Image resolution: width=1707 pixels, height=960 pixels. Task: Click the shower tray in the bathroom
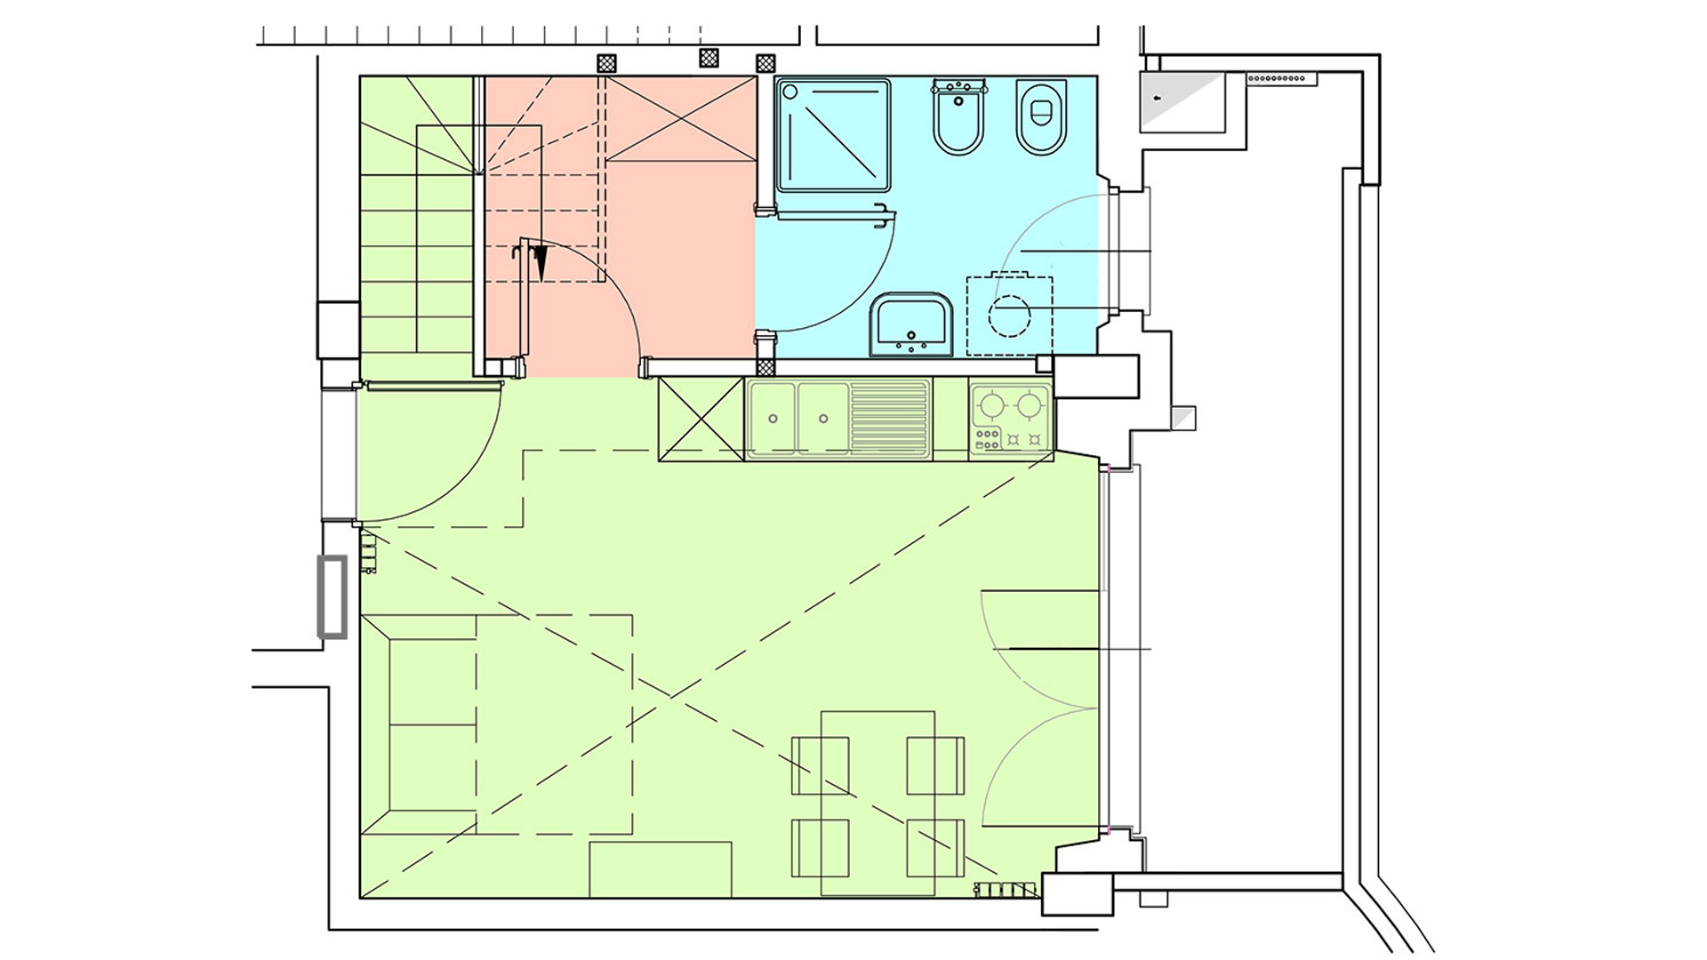pyautogui.click(x=833, y=135)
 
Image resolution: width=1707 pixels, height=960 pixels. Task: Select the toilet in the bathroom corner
pyautogui.click(x=1040, y=117)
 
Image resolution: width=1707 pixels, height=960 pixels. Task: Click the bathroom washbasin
pyautogui.click(x=911, y=324)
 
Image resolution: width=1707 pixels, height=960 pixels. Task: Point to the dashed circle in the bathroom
pyautogui.click(x=1010, y=316)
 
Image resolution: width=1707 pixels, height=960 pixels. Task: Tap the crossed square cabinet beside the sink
pyautogui.click(x=701, y=419)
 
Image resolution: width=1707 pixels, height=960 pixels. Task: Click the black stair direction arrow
pyautogui.click(x=540, y=261)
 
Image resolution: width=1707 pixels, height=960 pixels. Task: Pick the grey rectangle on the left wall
pyautogui.click(x=333, y=596)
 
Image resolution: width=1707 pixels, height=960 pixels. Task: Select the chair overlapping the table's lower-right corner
pyautogui.click(x=935, y=847)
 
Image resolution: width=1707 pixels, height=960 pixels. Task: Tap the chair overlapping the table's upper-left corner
pyautogui.click(x=820, y=765)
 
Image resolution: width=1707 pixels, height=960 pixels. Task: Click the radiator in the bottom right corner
pyautogui.click(x=1006, y=888)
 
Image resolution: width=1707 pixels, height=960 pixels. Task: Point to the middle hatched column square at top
pyautogui.click(x=709, y=59)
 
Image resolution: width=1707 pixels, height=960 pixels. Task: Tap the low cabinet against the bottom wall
pyautogui.click(x=660, y=869)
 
